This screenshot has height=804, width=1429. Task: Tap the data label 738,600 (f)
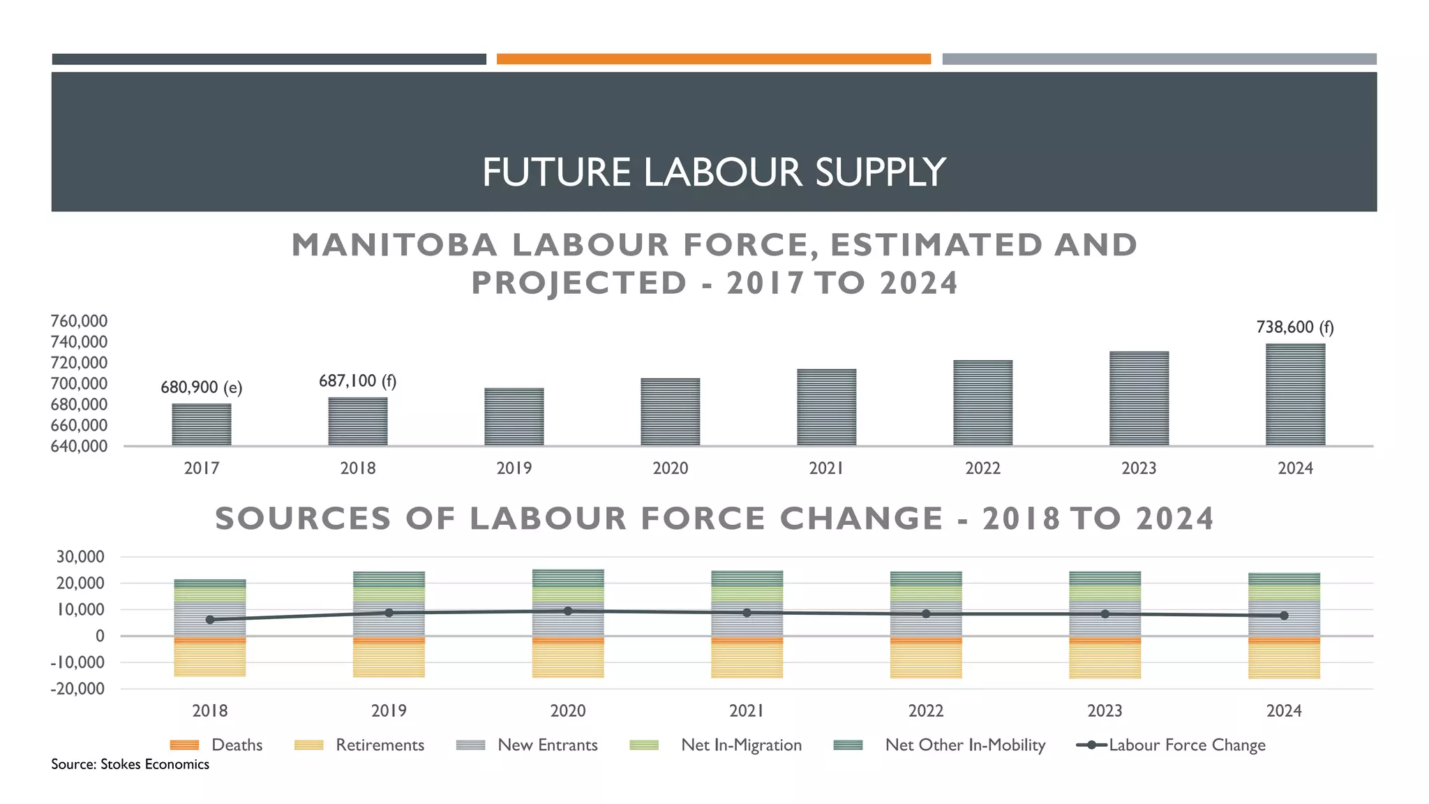(x=1294, y=327)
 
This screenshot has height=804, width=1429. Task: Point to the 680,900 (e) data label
(x=201, y=387)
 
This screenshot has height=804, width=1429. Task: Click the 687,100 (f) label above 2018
(x=357, y=381)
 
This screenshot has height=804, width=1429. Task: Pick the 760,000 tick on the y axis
(x=79, y=321)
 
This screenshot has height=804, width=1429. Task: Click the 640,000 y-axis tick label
(x=79, y=446)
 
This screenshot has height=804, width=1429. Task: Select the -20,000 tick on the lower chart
(x=77, y=689)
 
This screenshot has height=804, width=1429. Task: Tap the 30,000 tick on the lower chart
(x=80, y=557)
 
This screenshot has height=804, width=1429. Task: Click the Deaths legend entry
(x=236, y=745)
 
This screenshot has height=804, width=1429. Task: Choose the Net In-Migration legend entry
(x=740, y=745)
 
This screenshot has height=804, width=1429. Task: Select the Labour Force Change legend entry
(x=1186, y=745)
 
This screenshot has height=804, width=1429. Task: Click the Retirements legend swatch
(x=309, y=745)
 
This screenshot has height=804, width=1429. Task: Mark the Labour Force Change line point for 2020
(x=568, y=611)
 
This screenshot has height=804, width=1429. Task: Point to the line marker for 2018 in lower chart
(x=210, y=620)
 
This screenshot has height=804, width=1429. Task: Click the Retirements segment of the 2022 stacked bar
(x=926, y=660)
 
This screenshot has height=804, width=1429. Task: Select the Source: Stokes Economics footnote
(x=130, y=764)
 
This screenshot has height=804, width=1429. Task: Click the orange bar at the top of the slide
(x=713, y=59)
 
